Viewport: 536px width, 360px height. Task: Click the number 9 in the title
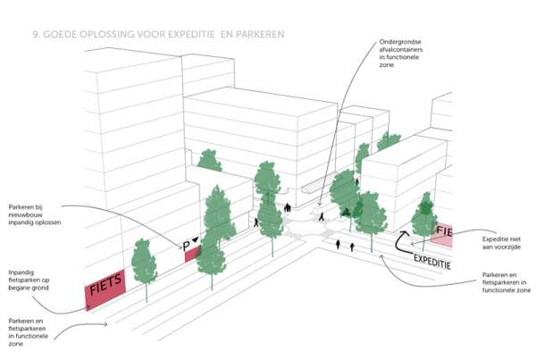(35, 35)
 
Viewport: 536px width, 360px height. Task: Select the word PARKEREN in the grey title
(260, 35)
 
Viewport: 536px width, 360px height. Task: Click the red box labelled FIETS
(105, 289)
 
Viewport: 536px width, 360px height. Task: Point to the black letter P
(187, 247)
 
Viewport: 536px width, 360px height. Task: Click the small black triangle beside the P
(195, 240)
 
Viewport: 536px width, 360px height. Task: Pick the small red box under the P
(192, 255)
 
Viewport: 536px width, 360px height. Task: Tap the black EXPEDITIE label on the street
(432, 262)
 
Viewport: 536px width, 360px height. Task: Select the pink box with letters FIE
(442, 235)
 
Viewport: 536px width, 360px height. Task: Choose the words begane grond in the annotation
(29, 288)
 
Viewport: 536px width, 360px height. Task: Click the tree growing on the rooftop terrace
(210, 160)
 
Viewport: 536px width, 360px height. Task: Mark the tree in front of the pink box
(424, 219)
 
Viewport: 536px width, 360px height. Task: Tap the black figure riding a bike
(345, 213)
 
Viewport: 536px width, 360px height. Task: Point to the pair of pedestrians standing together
(288, 207)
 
